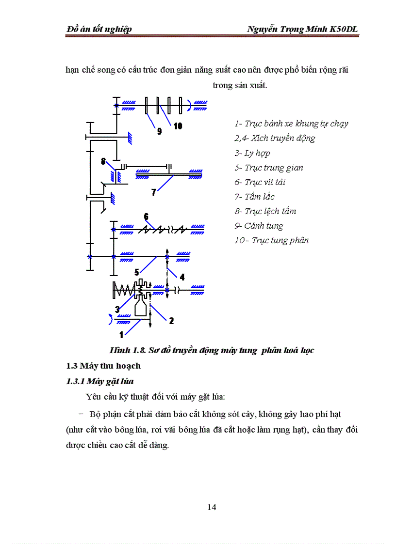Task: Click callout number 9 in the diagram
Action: pyautogui.click(x=159, y=131)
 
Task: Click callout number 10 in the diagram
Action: pyautogui.click(x=178, y=126)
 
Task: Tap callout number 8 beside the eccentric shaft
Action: pyautogui.click(x=103, y=162)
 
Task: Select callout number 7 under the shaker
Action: pyautogui.click(x=154, y=192)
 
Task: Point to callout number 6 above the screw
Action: pyautogui.click(x=146, y=216)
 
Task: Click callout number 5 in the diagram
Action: pyautogui.click(x=137, y=272)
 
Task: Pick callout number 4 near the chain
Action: pyautogui.click(x=182, y=278)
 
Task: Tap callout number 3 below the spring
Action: pyautogui.click(x=117, y=309)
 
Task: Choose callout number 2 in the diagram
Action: pyautogui.click(x=171, y=320)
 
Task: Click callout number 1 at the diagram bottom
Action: pyautogui.click(x=122, y=334)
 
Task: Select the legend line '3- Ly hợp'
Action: pyautogui.click(x=252, y=153)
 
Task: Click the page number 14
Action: pyautogui.click(x=212, y=507)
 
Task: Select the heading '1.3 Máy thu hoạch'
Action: pyautogui.click(x=103, y=365)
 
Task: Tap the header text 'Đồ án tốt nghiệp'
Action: pyautogui.click(x=99, y=30)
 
